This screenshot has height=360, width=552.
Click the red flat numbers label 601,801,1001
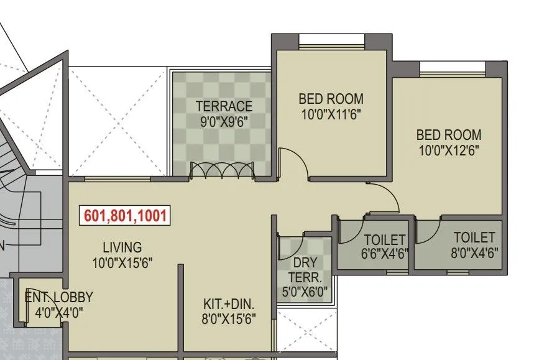click(x=125, y=216)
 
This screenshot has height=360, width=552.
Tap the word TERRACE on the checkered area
click(x=224, y=106)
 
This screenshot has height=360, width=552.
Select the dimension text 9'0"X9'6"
click(x=224, y=121)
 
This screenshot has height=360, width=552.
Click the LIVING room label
click(x=122, y=247)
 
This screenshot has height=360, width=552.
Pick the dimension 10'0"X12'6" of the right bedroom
click(x=448, y=150)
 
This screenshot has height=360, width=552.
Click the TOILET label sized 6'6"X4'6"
click(x=384, y=239)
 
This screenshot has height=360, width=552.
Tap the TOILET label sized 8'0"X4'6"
click(x=474, y=238)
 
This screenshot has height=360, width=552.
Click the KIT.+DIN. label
click(x=229, y=305)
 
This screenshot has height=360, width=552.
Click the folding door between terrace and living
click(x=222, y=170)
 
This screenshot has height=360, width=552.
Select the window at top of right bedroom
click(x=452, y=68)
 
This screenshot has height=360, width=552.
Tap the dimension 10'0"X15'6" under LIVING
click(x=122, y=262)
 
